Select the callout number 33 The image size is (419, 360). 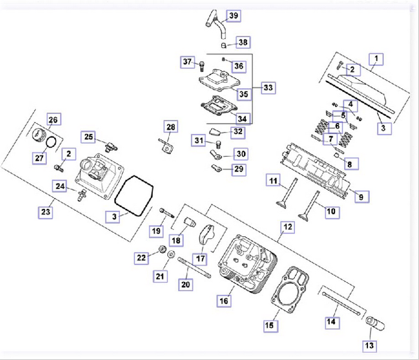267,88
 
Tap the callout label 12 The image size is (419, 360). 288,227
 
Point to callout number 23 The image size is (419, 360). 46,212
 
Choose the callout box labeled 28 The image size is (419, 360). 171,127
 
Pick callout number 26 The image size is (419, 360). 53,120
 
